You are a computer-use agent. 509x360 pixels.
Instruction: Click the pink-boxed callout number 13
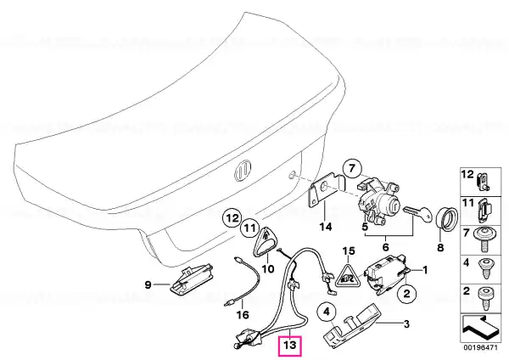290,345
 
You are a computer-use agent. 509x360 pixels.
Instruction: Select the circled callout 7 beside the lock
353,169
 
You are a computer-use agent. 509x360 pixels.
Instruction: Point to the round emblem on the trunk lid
243,172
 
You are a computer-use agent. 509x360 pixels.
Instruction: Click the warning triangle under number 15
348,275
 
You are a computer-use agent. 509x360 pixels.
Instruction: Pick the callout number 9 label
148,285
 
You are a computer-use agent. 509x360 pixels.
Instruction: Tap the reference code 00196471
480,347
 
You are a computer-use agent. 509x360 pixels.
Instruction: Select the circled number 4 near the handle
327,312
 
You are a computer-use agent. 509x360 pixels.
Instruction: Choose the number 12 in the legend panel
467,174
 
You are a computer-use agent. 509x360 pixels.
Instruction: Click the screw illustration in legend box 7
485,239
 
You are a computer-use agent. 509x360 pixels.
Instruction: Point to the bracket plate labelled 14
326,191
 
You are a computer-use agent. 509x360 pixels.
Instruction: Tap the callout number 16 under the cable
243,314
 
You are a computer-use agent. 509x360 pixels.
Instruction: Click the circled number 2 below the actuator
406,294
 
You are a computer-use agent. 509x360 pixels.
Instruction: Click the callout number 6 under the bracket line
386,247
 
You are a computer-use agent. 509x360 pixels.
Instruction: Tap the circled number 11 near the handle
250,228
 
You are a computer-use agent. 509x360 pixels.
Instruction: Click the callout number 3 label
406,324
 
